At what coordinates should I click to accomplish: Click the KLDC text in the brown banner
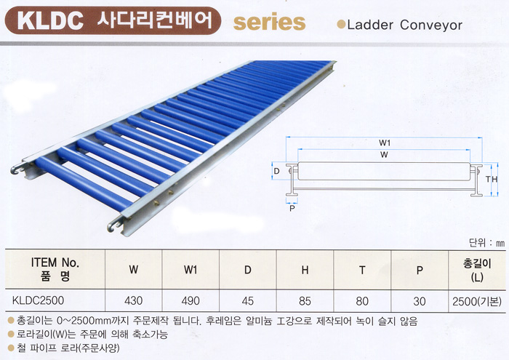tap(50, 20)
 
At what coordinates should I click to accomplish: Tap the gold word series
tap(270, 22)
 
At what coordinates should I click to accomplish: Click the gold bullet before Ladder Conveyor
tap(341, 24)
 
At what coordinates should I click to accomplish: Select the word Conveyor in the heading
tap(431, 25)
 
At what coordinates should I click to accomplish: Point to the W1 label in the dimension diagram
tap(385, 143)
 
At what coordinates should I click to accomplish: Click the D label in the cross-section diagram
tap(276, 171)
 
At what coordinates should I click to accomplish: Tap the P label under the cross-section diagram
tap(292, 208)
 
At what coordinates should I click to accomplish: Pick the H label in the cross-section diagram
tap(494, 179)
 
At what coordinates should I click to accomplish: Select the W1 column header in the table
tap(191, 269)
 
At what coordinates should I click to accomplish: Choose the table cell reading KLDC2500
tap(38, 300)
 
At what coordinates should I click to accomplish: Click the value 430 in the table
tap(133, 300)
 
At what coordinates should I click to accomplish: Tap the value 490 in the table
tap(191, 300)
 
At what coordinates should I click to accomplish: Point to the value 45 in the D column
tap(248, 300)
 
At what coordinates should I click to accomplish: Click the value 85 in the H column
tap(305, 301)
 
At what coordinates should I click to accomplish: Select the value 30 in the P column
tap(420, 301)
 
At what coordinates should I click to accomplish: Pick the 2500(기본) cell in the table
tap(477, 302)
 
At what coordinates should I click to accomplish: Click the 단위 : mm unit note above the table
tap(487, 243)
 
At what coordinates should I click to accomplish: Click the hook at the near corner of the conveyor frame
tap(113, 225)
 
